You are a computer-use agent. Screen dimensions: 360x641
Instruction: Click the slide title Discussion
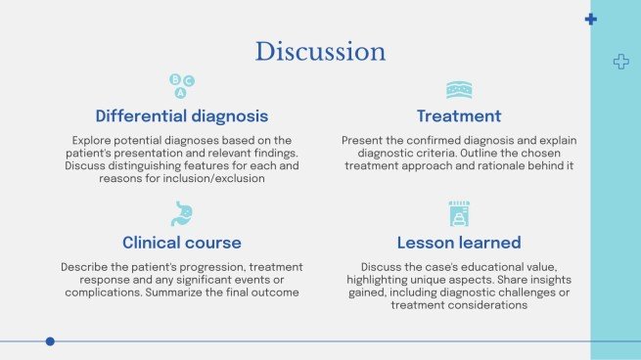pyautogui.click(x=320, y=51)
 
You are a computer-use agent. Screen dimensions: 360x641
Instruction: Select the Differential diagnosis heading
pyautogui.click(x=181, y=115)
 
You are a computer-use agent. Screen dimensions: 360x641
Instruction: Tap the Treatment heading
pyautogui.click(x=459, y=115)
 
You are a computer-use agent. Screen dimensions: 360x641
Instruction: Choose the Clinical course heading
pyautogui.click(x=181, y=242)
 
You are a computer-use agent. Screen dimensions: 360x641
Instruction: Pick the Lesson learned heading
pyautogui.click(x=459, y=242)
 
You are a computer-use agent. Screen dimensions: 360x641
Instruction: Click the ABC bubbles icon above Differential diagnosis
pyautogui.click(x=181, y=85)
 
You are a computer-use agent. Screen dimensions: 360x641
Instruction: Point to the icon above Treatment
pyautogui.click(x=459, y=89)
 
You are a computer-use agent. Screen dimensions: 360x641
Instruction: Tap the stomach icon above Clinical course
pyautogui.click(x=181, y=213)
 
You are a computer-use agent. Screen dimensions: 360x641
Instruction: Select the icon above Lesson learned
pyautogui.click(x=459, y=213)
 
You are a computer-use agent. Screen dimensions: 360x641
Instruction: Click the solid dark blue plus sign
pyautogui.click(x=590, y=19)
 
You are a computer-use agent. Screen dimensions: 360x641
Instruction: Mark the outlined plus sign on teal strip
pyautogui.click(x=619, y=62)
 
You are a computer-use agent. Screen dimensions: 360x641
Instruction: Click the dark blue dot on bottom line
pyautogui.click(x=50, y=341)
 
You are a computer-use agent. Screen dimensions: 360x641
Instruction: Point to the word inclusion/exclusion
pyautogui.click(x=213, y=179)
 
